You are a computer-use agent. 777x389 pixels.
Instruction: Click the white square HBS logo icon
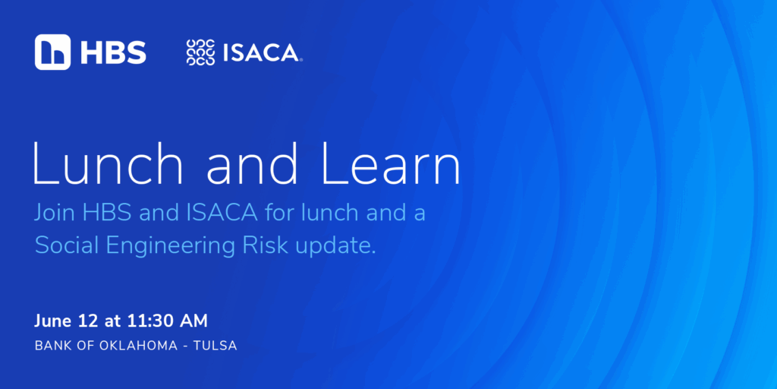[x=52, y=52]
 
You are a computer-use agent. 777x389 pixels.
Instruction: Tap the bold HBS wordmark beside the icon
[x=114, y=52]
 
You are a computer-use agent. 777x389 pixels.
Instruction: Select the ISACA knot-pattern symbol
[x=200, y=52]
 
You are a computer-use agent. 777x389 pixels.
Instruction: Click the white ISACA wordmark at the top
[x=261, y=53]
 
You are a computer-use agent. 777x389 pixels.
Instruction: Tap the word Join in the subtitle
[x=55, y=213]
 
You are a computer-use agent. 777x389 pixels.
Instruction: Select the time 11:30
[x=146, y=321]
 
